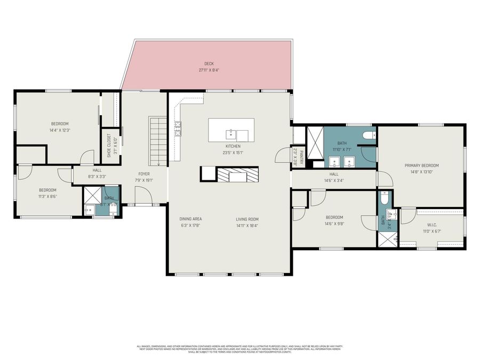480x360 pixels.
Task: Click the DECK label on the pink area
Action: click(209, 63)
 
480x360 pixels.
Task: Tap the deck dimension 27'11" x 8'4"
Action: click(209, 70)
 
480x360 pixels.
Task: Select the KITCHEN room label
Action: click(233, 146)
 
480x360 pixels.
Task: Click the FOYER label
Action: click(144, 174)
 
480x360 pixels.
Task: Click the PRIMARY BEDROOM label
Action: click(421, 165)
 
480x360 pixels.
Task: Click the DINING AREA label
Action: click(190, 219)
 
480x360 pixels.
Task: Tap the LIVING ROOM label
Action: click(247, 219)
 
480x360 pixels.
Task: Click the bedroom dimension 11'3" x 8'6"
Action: click(47, 196)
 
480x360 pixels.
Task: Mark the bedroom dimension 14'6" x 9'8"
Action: click(334, 223)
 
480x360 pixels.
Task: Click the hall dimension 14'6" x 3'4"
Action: click(334, 180)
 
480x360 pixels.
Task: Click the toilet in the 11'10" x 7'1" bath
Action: click(368, 137)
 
